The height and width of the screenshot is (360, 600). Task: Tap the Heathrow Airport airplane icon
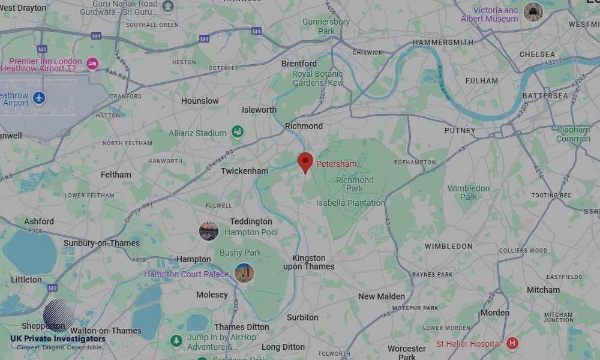pos(39,97)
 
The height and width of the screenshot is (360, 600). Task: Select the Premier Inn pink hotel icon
pos(92,64)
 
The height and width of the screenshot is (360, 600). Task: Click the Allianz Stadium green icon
pos(238,133)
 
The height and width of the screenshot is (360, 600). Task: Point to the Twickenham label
pos(244,171)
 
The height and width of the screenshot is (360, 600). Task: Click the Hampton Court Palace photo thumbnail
pos(244,273)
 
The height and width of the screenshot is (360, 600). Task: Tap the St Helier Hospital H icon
pos(512,343)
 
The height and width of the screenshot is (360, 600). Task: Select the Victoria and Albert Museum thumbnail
pos(532,11)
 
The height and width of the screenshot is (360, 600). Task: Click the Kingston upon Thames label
pos(308,262)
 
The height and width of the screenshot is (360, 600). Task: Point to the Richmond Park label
pos(355,184)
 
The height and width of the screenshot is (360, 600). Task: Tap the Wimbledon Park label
pos(469,193)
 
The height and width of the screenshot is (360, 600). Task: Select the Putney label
pos(460,130)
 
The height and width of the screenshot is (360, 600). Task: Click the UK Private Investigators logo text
pos(58,339)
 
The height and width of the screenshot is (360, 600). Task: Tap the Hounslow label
pos(200,101)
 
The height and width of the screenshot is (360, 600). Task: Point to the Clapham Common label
pos(573,134)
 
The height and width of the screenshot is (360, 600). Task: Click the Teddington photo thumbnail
pos(209,230)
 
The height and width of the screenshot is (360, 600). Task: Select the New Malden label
pos(381,296)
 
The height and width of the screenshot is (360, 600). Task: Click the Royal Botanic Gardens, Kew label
pos(317,79)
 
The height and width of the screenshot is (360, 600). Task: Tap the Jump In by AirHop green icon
pos(176,341)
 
